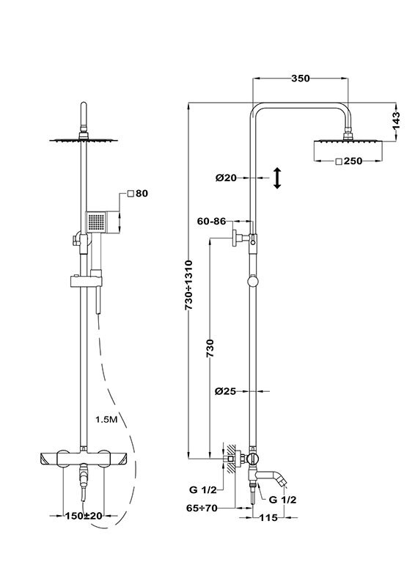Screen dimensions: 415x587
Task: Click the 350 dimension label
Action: click(x=301, y=79)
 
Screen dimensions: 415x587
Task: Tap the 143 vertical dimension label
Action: click(x=396, y=120)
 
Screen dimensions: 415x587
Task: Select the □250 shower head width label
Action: click(x=349, y=161)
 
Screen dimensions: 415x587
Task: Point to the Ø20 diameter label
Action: click(x=226, y=178)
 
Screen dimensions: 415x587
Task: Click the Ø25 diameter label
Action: click(x=225, y=391)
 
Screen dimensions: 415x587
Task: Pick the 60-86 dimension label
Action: click(x=212, y=222)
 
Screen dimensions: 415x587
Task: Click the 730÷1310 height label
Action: click(x=189, y=285)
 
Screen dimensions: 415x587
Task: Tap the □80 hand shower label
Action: click(x=137, y=193)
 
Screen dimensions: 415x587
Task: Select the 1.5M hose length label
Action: click(x=106, y=420)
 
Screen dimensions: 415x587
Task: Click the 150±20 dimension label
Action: click(x=84, y=516)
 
